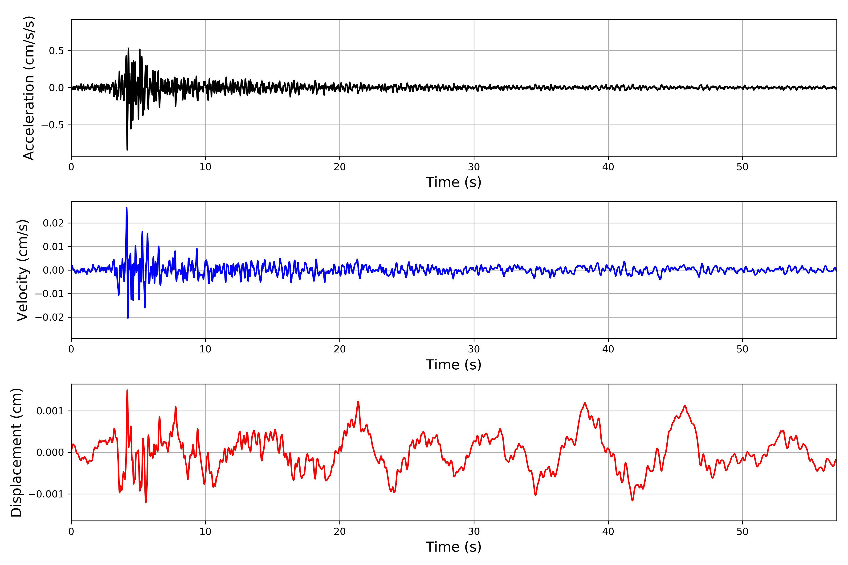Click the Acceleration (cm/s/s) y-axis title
[29, 88]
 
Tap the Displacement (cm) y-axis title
[16, 452]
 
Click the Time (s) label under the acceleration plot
[453, 182]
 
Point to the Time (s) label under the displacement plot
[453, 547]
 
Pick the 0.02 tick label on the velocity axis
[53, 223]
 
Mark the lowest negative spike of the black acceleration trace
[127, 149]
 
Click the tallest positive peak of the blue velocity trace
[126, 208]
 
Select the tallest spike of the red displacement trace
[127, 390]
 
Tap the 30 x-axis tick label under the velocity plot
[474, 349]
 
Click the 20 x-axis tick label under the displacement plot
[340, 532]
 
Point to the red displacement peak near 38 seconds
[585, 403]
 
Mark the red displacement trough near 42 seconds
[632, 500]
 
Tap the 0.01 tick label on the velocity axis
[53, 247]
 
